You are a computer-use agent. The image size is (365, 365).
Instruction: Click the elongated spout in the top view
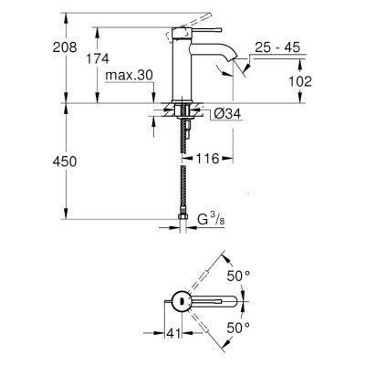(219, 300)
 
